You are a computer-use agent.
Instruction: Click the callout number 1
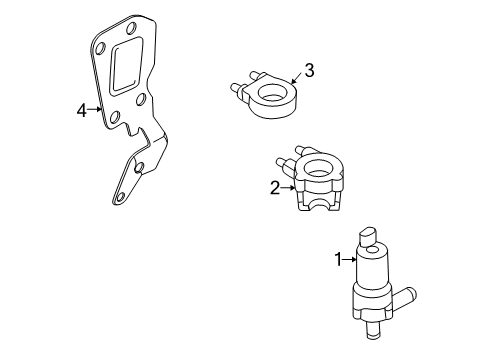338,259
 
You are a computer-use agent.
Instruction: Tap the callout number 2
275,188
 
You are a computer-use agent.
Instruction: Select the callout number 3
310,70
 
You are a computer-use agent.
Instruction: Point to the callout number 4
82,110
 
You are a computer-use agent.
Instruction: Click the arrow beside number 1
350,259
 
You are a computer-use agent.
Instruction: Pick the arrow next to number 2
288,188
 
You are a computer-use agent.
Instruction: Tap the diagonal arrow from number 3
297,78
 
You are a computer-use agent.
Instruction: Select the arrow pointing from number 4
95,109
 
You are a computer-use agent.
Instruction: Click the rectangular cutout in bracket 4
128,66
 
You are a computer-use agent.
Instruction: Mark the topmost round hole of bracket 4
131,28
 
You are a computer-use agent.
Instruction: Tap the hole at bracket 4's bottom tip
120,197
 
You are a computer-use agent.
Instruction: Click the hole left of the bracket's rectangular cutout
100,48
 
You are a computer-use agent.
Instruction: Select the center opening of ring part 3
275,93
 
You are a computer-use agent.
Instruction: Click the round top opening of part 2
318,169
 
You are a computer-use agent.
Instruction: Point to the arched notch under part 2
321,205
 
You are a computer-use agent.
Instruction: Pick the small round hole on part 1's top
372,250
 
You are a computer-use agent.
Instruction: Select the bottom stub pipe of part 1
372,330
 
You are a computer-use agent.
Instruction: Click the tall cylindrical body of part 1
372,267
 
